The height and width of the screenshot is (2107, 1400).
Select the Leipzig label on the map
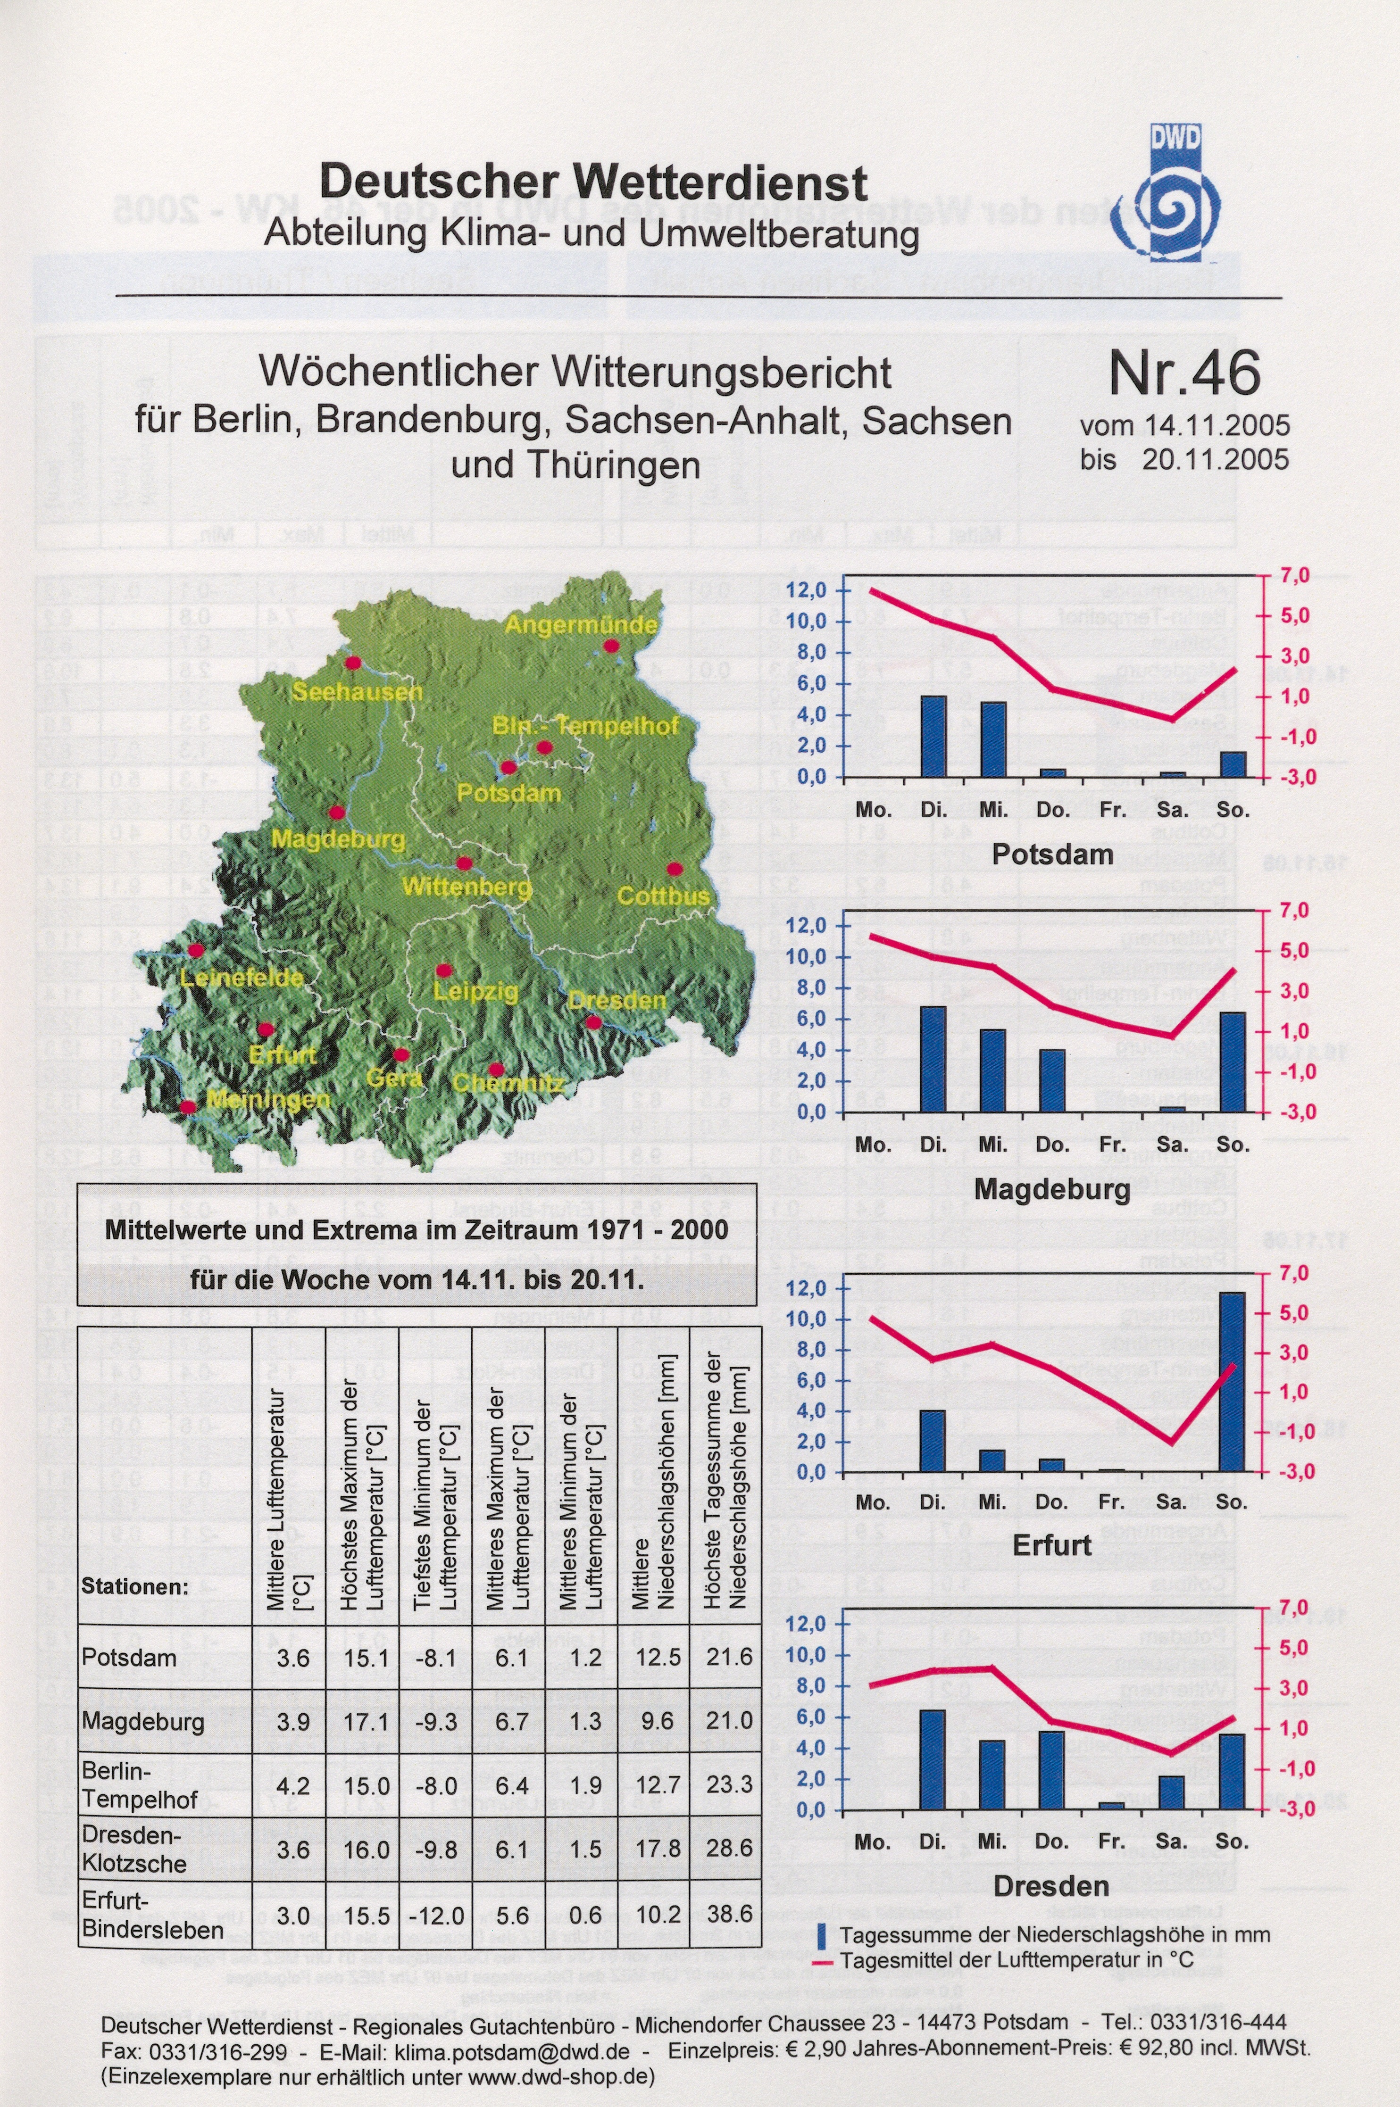tap(476, 991)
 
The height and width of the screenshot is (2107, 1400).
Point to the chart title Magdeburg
tap(1052, 1190)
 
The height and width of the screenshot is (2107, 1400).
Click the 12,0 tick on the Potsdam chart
tap(807, 591)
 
